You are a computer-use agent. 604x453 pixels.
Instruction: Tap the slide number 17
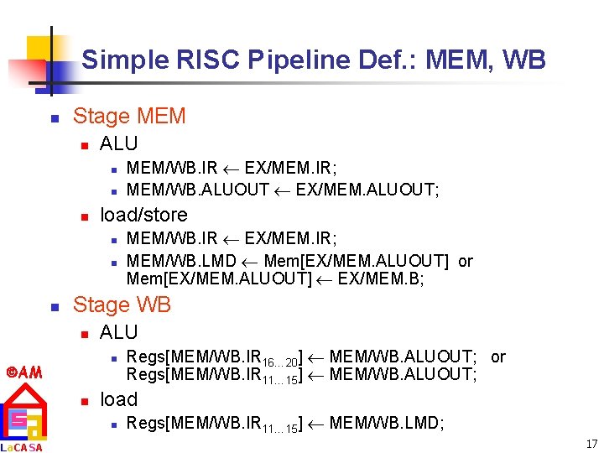591,444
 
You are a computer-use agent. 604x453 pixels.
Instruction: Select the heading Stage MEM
129,116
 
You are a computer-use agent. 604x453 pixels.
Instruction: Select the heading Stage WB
122,305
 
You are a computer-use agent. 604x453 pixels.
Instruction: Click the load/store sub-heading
143,214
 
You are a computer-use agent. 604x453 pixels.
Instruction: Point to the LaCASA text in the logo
22,446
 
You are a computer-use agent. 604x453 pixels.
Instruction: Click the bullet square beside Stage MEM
54,117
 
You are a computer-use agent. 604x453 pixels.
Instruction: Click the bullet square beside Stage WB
54,306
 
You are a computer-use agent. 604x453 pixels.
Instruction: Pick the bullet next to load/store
83,216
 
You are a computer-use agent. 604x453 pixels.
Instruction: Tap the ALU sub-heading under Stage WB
118,332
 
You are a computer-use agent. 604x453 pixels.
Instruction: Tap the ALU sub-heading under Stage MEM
118,143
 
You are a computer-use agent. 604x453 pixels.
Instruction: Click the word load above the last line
118,398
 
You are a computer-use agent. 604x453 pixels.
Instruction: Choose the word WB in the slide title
528,60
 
